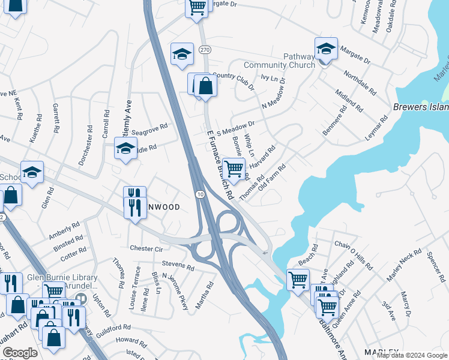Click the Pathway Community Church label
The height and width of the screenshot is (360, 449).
click(279, 61)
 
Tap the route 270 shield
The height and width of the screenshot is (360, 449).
click(205, 52)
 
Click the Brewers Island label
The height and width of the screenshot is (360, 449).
click(421, 107)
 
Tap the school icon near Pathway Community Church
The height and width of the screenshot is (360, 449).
click(325, 49)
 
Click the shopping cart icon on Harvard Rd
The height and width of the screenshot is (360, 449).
click(233, 168)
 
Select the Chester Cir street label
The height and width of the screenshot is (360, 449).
click(146, 248)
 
